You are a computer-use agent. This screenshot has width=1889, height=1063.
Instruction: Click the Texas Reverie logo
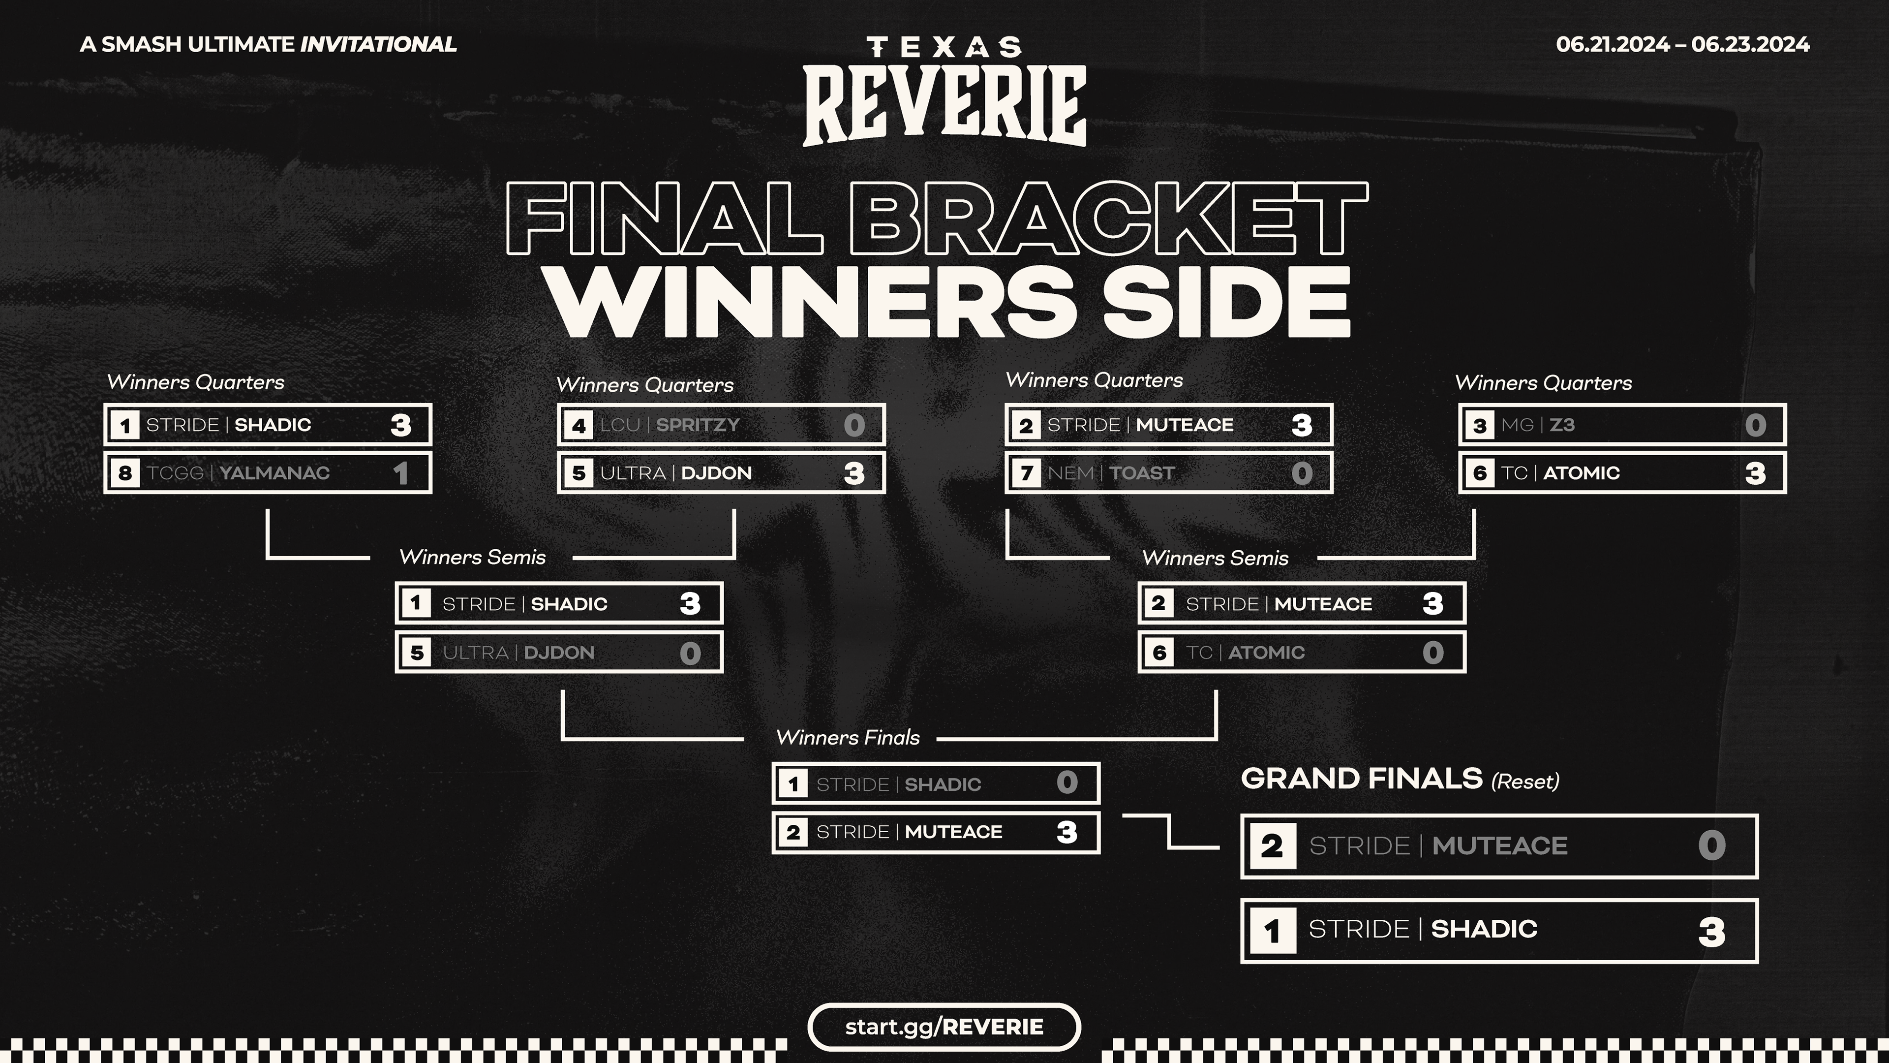[944, 91]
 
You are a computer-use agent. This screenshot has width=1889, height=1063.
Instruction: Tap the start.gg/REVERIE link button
[944, 1026]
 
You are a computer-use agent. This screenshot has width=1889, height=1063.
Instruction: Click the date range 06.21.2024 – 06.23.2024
[1682, 45]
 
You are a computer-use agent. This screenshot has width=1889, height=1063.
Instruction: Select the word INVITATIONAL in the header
[378, 45]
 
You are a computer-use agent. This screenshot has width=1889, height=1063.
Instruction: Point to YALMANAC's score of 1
[400, 473]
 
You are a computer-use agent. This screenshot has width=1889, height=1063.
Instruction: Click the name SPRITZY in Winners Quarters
[698, 425]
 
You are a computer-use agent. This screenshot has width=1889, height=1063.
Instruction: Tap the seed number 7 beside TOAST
[1026, 473]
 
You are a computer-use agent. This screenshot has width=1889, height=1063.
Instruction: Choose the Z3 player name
[1562, 425]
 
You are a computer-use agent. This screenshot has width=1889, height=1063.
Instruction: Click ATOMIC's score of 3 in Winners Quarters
[1755, 473]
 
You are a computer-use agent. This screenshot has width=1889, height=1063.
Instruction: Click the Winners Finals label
[848, 737]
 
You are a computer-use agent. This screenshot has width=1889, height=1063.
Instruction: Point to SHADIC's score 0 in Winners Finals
[1067, 783]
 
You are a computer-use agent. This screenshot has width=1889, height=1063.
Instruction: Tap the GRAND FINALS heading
[1361, 779]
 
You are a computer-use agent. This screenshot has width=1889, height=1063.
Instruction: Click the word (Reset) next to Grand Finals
[1525, 782]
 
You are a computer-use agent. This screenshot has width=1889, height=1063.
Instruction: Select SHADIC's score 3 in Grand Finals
[1711, 932]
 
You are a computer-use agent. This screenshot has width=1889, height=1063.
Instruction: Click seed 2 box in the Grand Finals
[1272, 846]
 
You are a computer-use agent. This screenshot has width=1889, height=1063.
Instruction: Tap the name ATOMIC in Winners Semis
[1266, 652]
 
